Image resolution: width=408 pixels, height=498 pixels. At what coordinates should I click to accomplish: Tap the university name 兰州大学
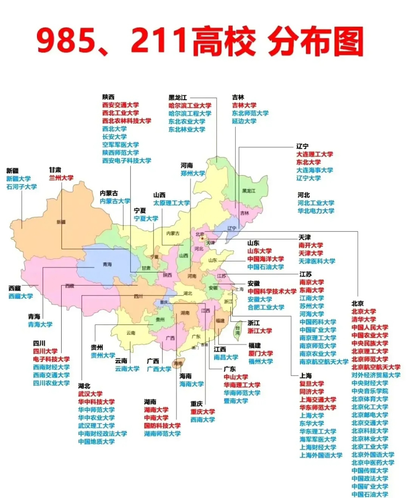(61, 178)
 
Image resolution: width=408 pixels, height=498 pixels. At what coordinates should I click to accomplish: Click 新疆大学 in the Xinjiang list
(18, 179)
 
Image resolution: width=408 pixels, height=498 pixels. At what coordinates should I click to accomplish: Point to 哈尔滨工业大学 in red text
(190, 105)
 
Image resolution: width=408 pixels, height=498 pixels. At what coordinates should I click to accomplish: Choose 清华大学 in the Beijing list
(364, 319)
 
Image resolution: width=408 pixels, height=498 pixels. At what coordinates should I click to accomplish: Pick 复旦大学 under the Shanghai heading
(312, 384)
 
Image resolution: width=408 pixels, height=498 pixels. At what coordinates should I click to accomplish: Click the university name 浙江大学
(260, 331)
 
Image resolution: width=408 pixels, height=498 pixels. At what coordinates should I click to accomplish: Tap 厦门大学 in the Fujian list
(261, 353)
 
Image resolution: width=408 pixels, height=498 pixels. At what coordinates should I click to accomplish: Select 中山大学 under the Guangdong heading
(236, 377)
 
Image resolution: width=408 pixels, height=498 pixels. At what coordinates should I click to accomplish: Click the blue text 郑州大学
(193, 173)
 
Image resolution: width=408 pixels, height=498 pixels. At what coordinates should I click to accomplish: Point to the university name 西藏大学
(21, 296)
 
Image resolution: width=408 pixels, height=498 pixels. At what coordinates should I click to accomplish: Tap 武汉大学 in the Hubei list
(90, 394)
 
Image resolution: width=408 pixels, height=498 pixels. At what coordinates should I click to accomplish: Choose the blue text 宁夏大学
(146, 218)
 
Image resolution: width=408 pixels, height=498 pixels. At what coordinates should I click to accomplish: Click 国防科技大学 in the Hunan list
(162, 426)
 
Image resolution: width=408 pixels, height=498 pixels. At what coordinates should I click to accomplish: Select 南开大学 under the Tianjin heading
(311, 245)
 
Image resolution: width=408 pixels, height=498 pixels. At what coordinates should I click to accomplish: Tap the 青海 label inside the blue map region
(107, 264)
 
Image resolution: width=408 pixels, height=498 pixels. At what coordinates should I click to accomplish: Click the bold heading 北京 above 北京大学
(357, 303)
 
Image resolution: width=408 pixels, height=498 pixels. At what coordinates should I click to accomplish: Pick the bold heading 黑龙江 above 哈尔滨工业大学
(178, 98)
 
